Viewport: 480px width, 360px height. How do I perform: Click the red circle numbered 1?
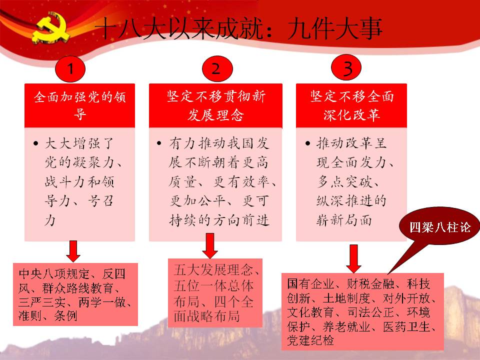coord(70,69)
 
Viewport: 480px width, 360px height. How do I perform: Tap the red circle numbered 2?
coord(217,68)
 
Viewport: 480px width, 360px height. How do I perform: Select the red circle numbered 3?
coord(346,67)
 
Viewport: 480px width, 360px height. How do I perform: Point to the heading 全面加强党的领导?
coord(79,105)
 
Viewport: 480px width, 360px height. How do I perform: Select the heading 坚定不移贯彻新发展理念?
coord(216,105)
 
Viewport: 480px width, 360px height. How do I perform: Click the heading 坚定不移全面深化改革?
coord(351,105)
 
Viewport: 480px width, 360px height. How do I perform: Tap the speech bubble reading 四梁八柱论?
coord(439,227)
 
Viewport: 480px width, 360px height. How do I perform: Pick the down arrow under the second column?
coord(210,246)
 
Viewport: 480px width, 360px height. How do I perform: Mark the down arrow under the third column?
coord(353,258)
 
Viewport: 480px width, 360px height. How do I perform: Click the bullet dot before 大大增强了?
coord(36,143)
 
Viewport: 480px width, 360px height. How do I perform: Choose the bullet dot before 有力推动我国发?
coord(159,143)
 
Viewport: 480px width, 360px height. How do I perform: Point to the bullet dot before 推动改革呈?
coord(307,143)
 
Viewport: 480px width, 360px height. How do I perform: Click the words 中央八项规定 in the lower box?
coord(54,274)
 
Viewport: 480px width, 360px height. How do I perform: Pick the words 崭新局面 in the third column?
coord(344,220)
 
